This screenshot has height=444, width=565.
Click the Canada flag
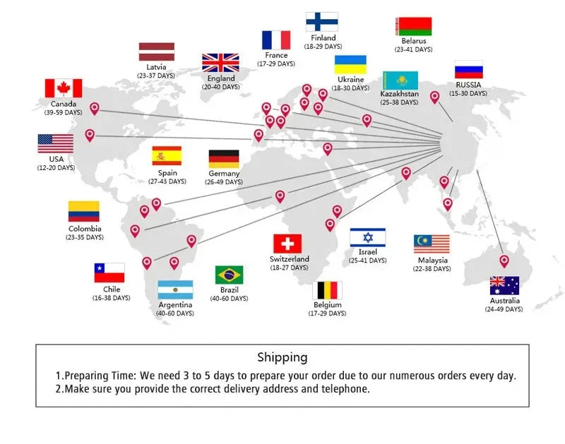(x=64, y=88)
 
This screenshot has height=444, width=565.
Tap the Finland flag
(x=322, y=22)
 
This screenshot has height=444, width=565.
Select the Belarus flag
(x=414, y=26)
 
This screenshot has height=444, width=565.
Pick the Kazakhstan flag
(x=400, y=80)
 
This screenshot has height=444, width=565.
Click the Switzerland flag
(x=287, y=244)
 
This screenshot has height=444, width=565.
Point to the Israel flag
(x=367, y=237)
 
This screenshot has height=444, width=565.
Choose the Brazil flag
(x=229, y=275)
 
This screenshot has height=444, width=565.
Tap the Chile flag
(x=109, y=272)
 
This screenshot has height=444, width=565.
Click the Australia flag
(x=504, y=286)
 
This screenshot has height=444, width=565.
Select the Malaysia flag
(x=432, y=244)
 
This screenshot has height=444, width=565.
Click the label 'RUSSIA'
(x=468, y=85)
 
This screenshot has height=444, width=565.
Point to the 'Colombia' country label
(x=85, y=229)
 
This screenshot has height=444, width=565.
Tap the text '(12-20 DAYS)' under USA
(x=56, y=168)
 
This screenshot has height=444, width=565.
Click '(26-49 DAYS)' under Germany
(x=224, y=182)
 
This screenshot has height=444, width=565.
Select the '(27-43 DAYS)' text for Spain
(x=167, y=181)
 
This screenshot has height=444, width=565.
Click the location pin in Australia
(x=504, y=261)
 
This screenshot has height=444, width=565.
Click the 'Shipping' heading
(x=282, y=357)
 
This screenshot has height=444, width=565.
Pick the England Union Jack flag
(x=220, y=63)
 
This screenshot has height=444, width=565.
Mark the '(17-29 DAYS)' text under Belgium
(x=327, y=313)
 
